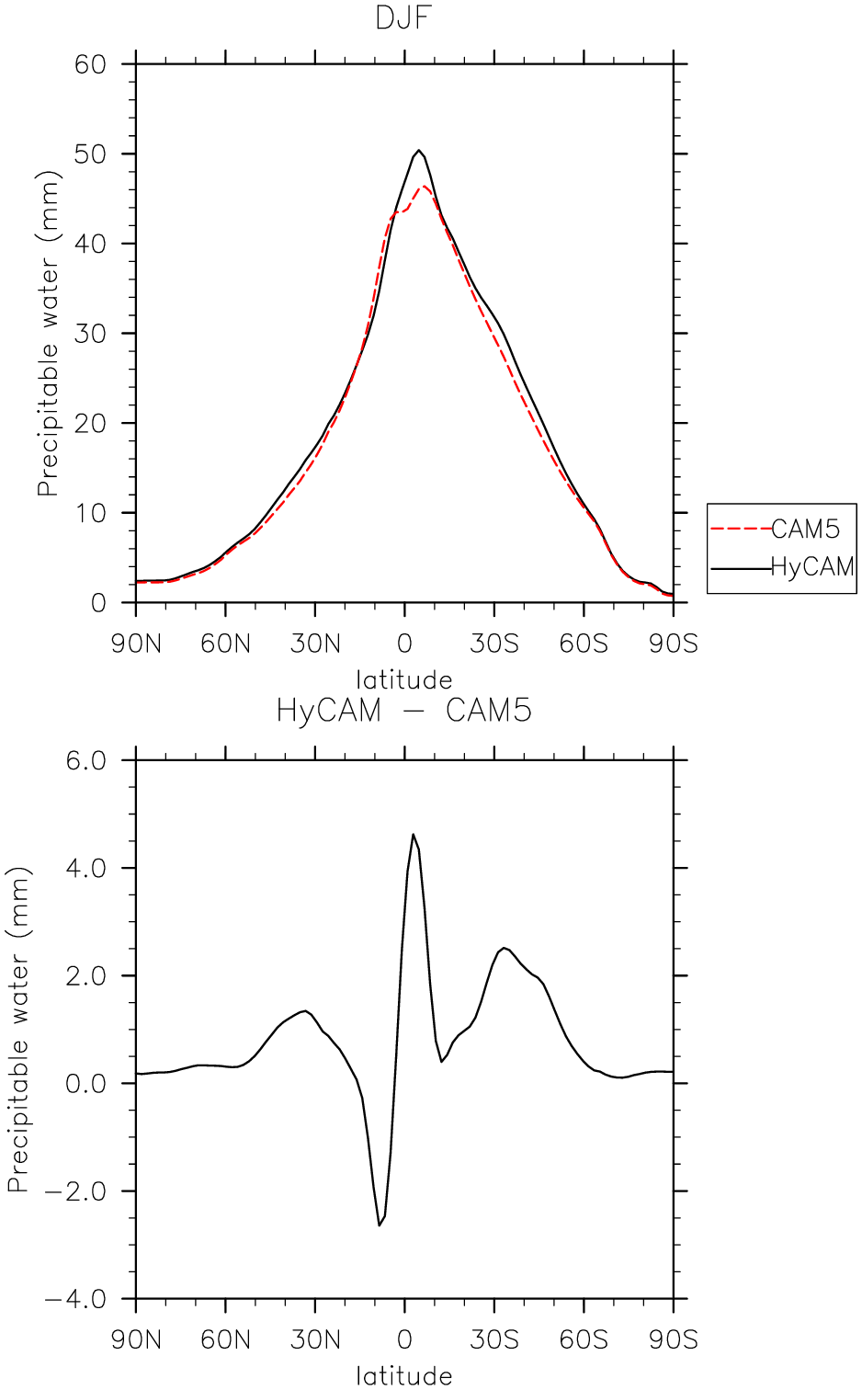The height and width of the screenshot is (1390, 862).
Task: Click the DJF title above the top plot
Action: tap(403, 17)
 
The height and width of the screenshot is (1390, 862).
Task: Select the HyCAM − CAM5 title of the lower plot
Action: tap(403, 710)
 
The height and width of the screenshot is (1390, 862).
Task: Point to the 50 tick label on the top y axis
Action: tap(91, 154)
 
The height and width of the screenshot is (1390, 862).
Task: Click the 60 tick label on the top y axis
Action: tap(91, 64)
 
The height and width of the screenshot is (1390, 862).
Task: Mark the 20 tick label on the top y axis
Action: tap(91, 423)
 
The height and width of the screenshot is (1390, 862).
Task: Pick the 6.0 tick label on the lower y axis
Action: tap(86, 760)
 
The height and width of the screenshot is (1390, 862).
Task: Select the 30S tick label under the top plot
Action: tap(494, 644)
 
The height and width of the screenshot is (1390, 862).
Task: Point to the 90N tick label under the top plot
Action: tap(136, 644)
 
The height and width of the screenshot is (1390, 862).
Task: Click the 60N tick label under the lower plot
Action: tap(226, 1340)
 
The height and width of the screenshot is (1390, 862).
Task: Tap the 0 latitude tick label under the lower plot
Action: tap(404, 1340)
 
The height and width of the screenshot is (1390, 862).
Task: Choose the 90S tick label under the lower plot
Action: tap(674, 1340)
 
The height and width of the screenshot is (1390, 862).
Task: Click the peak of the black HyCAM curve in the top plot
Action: tap(419, 150)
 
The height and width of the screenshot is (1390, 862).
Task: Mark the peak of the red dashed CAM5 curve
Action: tap(425, 186)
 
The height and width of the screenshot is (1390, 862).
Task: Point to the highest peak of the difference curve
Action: tap(413, 835)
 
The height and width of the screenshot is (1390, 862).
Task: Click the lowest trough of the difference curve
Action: tap(380, 1225)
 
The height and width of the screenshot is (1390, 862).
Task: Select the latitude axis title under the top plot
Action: tap(404, 680)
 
